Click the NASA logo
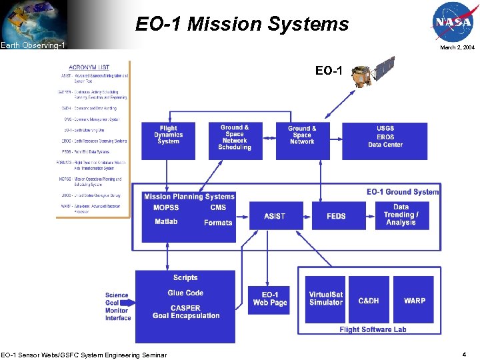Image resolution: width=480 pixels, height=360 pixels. [x=453, y=22]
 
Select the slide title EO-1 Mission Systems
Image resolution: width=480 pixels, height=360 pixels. [x=242, y=25]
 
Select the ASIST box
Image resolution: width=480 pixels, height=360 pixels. [x=275, y=216]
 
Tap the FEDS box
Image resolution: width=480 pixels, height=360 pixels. [x=337, y=216]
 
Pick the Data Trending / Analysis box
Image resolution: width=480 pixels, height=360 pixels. [x=401, y=215]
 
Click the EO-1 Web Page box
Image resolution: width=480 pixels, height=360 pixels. [x=270, y=299]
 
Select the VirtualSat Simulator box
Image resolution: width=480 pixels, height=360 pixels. [x=325, y=299]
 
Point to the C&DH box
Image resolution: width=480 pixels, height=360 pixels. [x=369, y=300]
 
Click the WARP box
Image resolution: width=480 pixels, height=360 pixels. [x=414, y=300]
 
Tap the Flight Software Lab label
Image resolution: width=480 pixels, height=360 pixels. [x=372, y=329]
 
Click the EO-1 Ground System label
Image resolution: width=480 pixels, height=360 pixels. [x=403, y=192]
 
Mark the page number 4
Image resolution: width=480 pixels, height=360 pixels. [x=464, y=354]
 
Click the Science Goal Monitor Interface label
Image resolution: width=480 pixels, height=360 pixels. [x=117, y=307]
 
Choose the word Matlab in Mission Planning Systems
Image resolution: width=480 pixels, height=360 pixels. [x=166, y=221]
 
